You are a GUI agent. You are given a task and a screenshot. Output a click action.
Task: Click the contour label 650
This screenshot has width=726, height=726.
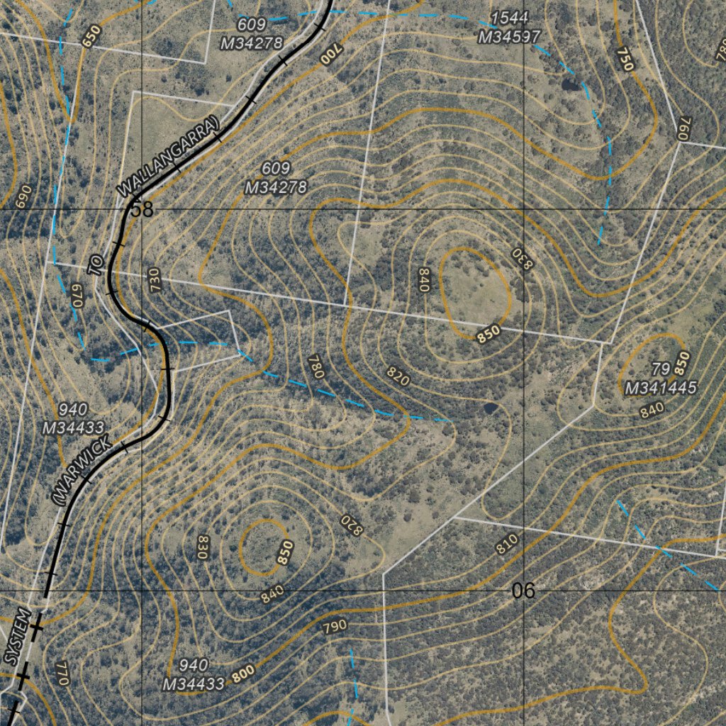coord(91,35)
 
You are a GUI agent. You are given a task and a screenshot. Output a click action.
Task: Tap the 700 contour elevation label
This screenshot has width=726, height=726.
coord(331,53)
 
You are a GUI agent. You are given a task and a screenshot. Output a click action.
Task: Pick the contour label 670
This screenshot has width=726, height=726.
coord(77,296)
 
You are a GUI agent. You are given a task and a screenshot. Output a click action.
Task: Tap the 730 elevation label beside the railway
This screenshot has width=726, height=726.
coord(155,281)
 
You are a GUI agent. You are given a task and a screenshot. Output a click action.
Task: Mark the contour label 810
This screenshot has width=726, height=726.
coord(507,544)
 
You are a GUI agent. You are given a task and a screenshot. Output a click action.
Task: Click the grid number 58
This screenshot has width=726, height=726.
coord(142,209)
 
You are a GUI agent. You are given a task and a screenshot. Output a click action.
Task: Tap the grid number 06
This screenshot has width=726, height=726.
coord(523,591)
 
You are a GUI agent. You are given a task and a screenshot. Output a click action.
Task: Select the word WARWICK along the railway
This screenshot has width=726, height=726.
coord(81,471)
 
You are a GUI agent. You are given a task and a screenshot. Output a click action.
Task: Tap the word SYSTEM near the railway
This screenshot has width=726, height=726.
coord(18,636)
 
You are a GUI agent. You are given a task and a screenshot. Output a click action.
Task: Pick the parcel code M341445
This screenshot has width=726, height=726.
coord(661,387)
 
